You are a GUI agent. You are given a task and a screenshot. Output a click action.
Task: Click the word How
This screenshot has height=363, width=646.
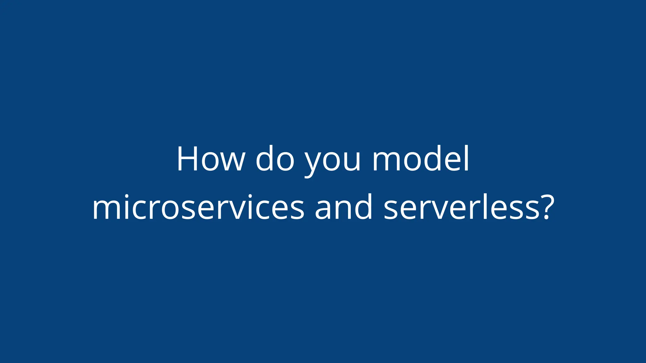211,159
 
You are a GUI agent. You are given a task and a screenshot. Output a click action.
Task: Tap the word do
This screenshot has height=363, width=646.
275,159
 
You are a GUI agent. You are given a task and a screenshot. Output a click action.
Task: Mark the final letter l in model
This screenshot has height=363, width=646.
467,158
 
